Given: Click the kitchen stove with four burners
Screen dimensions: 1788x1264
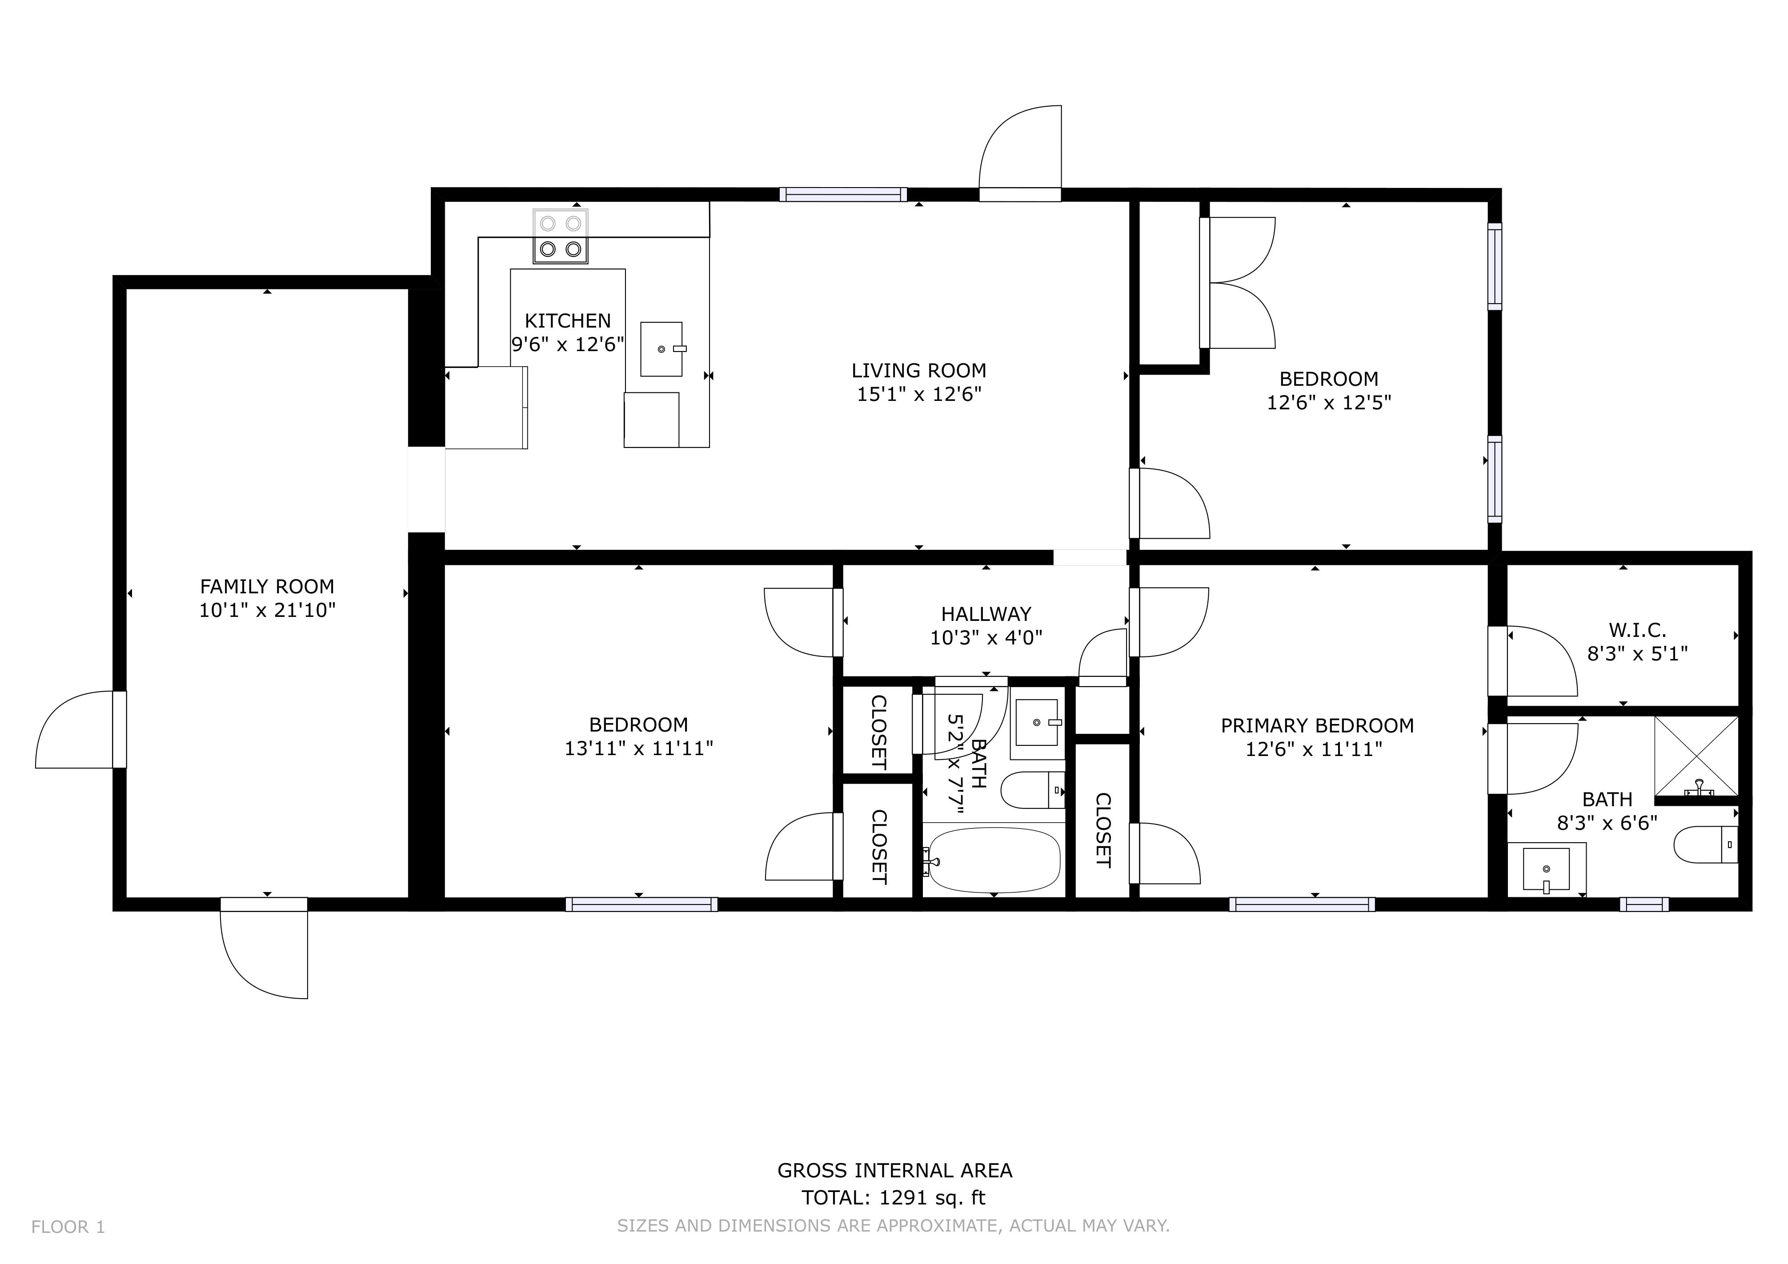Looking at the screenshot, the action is pos(561,236).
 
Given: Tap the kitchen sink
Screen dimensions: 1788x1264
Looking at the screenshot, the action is pos(661,349).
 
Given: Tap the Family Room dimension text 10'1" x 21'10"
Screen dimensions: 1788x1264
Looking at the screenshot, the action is pos(267,610).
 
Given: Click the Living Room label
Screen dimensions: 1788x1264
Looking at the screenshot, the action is pos(919,371).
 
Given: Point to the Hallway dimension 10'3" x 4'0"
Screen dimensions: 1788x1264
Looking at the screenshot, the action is pos(986,638).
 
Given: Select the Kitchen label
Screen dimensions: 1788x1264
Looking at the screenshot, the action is pos(568,321).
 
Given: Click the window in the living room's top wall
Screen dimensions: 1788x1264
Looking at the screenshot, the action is pos(843,195).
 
